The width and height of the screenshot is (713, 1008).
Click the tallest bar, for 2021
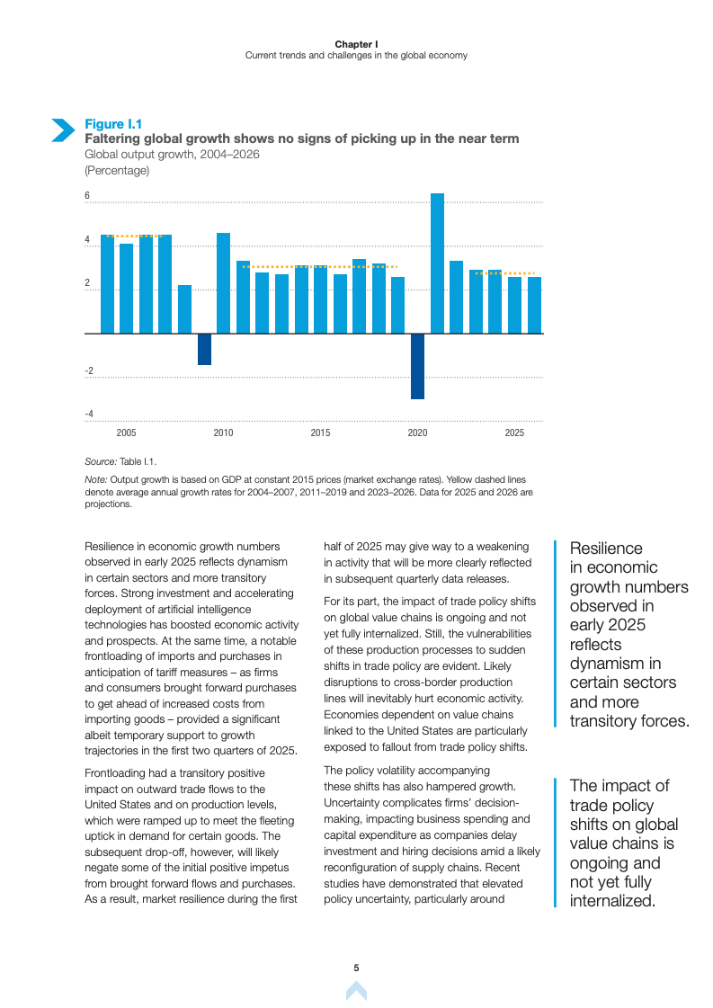point(437,263)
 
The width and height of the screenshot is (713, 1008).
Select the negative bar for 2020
point(417,366)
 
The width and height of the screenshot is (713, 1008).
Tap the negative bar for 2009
point(204,349)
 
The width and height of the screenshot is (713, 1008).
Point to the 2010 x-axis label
point(223,433)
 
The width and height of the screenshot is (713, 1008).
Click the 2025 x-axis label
point(514,433)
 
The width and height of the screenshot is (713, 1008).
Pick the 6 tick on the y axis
point(87,196)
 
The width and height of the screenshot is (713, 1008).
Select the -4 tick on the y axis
point(89,414)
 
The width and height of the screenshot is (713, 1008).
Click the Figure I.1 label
point(112,124)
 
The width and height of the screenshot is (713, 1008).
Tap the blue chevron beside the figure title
point(62,130)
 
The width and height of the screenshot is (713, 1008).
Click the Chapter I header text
point(356,44)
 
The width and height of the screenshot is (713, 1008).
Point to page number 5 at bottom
point(356,968)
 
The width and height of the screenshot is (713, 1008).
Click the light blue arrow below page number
point(356,991)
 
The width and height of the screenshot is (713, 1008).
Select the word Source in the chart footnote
point(100,460)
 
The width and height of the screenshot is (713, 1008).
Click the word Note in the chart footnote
point(95,479)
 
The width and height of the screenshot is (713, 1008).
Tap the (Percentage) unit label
point(116,170)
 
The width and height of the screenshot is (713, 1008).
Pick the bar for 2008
point(184,309)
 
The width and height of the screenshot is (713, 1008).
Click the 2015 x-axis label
point(320,433)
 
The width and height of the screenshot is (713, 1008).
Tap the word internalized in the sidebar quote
point(611,901)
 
